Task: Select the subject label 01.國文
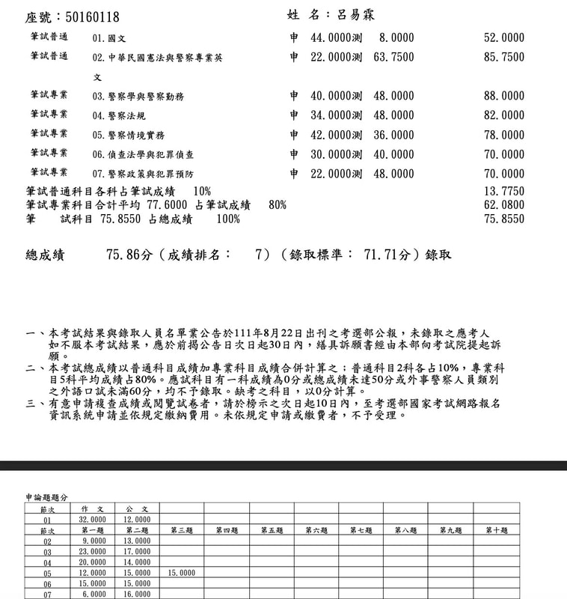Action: (x=108, y=37)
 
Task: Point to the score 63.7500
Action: (x=393, y=57)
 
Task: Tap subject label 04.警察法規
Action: (x=119, y=115)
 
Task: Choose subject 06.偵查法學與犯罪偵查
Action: (x=143, y=154)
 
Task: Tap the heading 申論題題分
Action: (x=46, y=496)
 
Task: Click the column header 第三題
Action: (x=182, y=530)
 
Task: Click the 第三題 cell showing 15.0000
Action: (x=182, y=573)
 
